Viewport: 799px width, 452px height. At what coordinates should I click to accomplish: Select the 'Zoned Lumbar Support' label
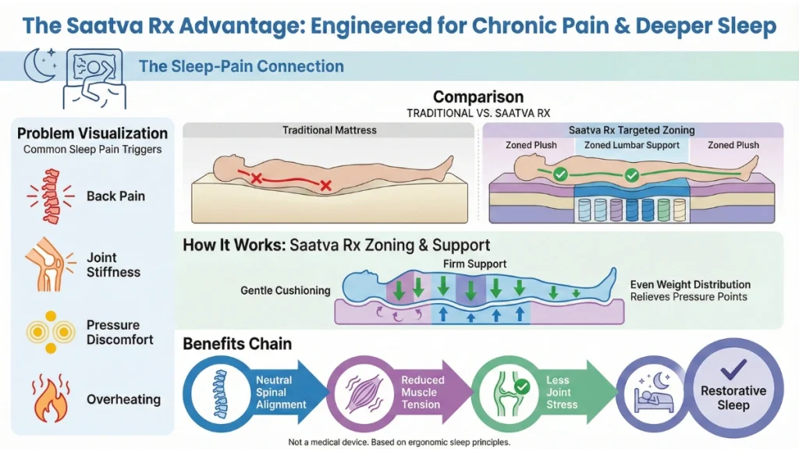point(632,145)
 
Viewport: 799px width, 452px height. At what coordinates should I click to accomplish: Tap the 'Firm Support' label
point(471,264)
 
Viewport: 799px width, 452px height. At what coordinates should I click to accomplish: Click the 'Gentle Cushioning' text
point(286,291)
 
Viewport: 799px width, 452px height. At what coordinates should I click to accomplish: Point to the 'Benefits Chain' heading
point(238,344)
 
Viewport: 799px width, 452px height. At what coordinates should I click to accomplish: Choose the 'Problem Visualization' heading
point(93,133)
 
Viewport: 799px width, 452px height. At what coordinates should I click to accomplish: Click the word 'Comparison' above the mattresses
point(478,97)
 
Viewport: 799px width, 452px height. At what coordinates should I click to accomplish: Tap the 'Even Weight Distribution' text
point(690,284)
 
